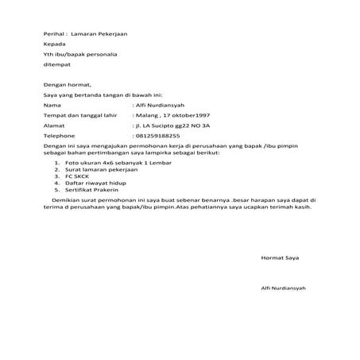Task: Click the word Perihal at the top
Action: (55, 35)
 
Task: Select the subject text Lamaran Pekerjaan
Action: (98, 35)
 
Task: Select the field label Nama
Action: (52, 105)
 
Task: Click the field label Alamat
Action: (54, 126)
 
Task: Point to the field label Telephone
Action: (60, 136)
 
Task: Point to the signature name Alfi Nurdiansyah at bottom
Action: (284, 287)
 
